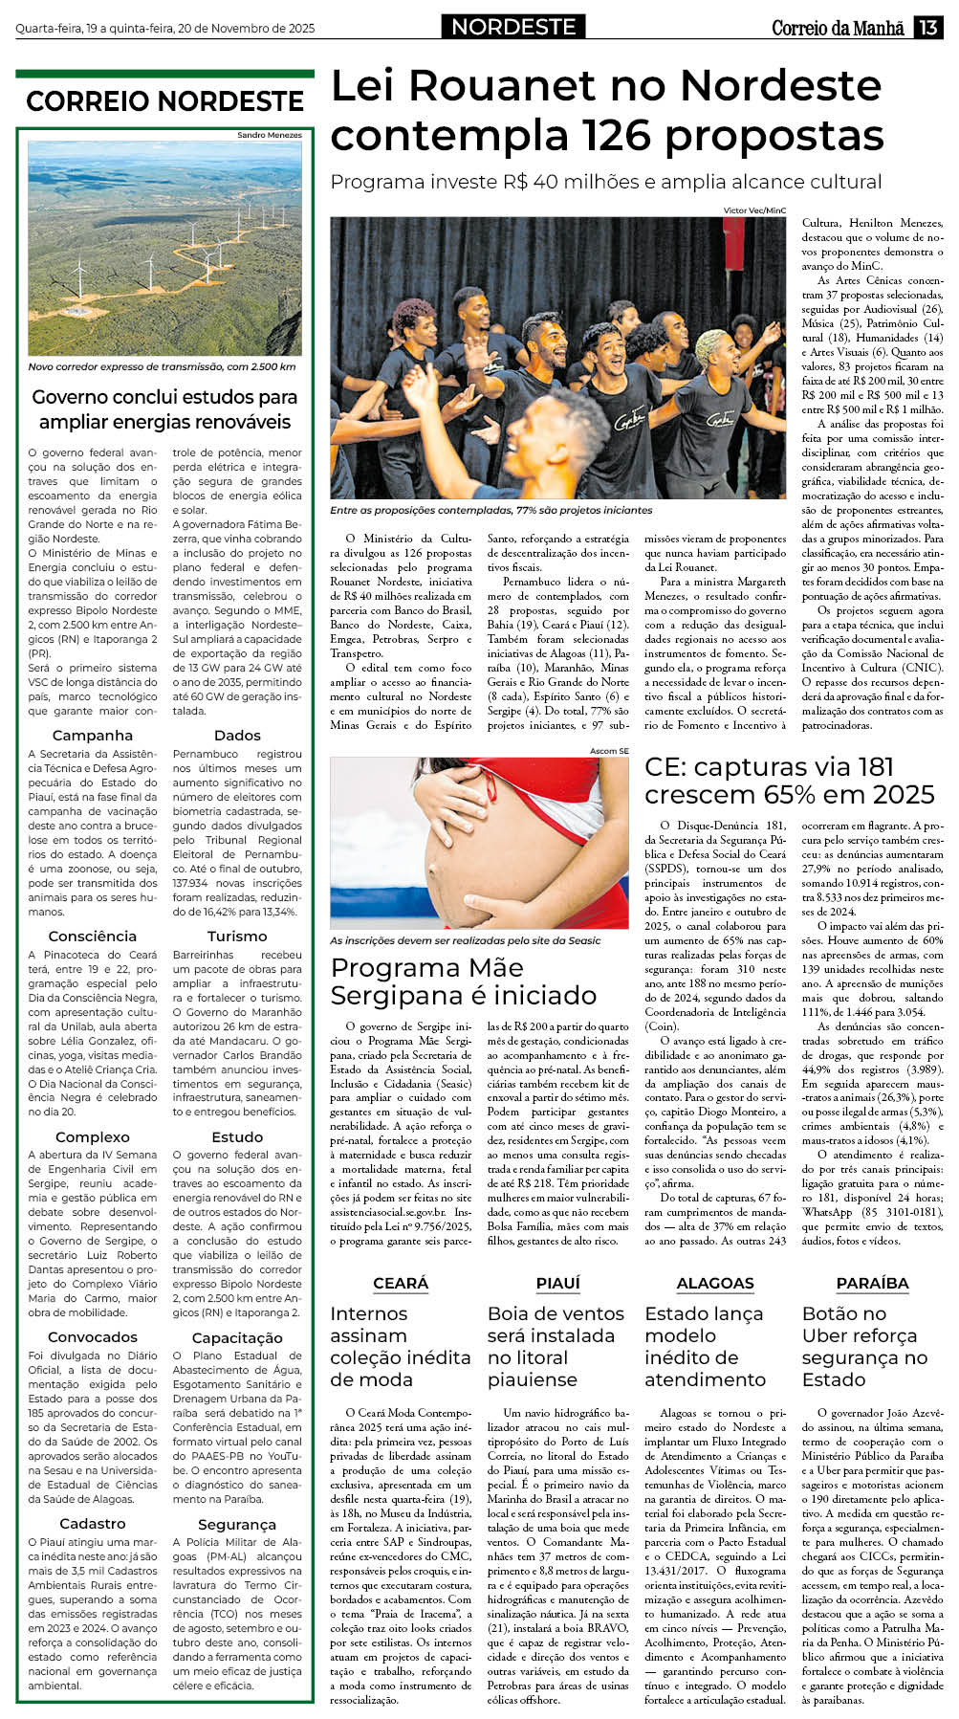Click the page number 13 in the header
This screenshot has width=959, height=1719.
pyautogui.click(x=928, y=28)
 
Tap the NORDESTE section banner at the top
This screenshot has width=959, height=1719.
pyautogui.click(x=513, y=27)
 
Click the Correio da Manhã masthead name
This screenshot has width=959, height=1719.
pyautogui.click(x=838, y=28)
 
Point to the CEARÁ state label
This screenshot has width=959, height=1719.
pyautogui.click(x=401, y=1283)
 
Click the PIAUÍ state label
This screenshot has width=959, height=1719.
pyautogui.click(x=558, y=1283)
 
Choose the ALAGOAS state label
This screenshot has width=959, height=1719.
pyautogui.click(x=715, y=1283)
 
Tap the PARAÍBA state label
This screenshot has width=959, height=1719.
pyautogui.click(x=872, y=1283)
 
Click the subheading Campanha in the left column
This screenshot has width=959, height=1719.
pyautogui.click(x=93, y=736)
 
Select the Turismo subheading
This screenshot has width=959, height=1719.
pyautogui.click(x=237, y=937)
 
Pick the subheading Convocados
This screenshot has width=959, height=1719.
pyautogui.click(x=93, y=1337)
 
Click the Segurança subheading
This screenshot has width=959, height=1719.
pyautogui.click(x=237, y=1524)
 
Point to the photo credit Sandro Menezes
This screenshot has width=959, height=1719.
pyautogui.click(x=270, y=135)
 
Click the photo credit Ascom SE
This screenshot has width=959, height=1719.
pyautogui.click(x=609, y=751)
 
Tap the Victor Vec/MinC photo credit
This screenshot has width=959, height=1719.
pyautogui.click(x=754, y=210)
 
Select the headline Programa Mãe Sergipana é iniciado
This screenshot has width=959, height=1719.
pyautogui.click(x=464, y=981)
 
